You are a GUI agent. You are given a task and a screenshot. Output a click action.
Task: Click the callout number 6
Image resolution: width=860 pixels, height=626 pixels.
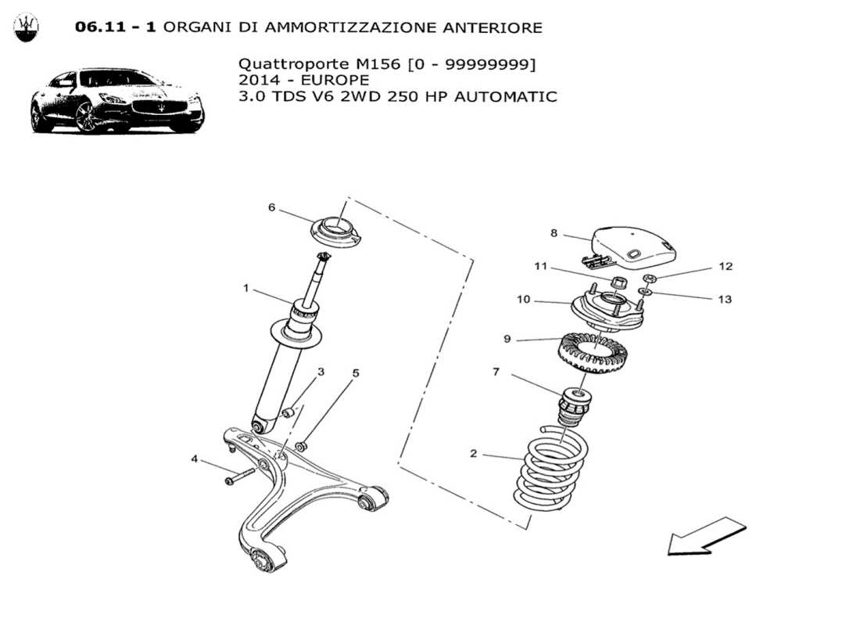(x=271, y=207)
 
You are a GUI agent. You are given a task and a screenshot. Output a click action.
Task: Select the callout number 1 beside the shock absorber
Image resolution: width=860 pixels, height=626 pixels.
(x=245, y=288)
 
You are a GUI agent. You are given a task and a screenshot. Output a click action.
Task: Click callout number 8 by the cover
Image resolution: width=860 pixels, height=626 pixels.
(x=554, y=232)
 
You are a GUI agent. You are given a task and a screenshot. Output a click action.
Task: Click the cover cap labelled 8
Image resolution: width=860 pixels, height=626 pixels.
(x=633, y=242)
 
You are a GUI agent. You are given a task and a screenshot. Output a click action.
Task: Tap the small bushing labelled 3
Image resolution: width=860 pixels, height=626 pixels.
(x=288, y=412)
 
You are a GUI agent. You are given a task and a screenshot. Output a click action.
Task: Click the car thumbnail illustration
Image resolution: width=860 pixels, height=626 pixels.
(x=117, y=102)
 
